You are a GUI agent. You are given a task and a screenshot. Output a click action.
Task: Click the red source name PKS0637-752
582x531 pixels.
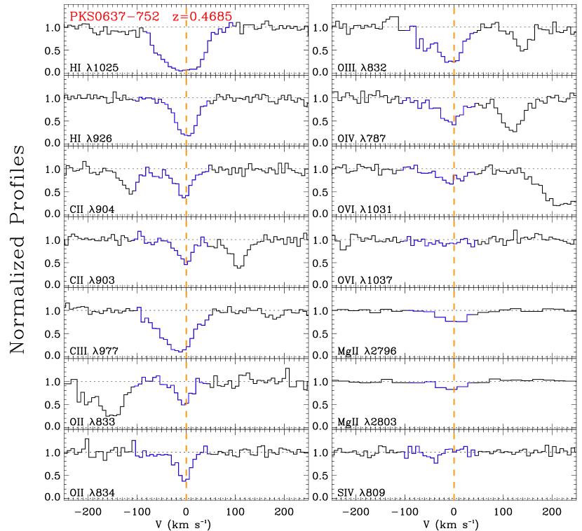pos(114,17)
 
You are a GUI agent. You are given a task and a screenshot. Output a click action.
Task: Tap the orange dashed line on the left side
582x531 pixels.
pos(186,280)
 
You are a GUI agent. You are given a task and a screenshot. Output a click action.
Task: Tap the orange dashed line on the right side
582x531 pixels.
pos(454,280)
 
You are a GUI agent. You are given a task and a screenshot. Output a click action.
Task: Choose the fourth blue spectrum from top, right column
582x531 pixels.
pos(435,242)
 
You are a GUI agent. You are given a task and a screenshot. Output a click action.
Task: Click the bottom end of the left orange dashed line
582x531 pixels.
pos(186,498)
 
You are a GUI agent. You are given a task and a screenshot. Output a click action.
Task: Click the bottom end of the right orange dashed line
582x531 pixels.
pos(454,498)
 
